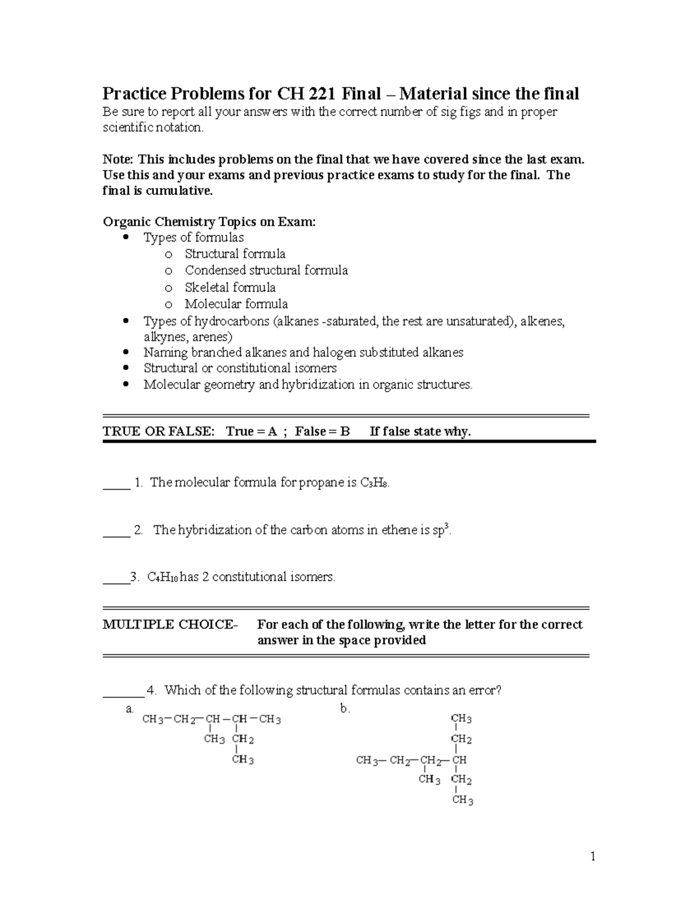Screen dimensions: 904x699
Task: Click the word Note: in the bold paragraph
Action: coord(118,159)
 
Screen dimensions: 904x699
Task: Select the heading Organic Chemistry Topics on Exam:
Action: coord(209,222)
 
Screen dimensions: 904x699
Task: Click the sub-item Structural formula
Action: coord(235,254)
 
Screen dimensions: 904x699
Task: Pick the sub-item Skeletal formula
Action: coord(230,287)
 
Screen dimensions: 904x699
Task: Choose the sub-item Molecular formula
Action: coord(236,304)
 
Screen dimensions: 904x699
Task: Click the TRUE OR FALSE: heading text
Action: coord(158,431)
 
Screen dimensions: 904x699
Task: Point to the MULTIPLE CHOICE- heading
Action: coord(170,625)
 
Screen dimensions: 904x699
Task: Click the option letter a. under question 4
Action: coord(130,709)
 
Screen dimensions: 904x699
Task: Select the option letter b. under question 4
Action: coord(345,709)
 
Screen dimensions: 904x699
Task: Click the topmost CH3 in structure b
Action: coord(461,719)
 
